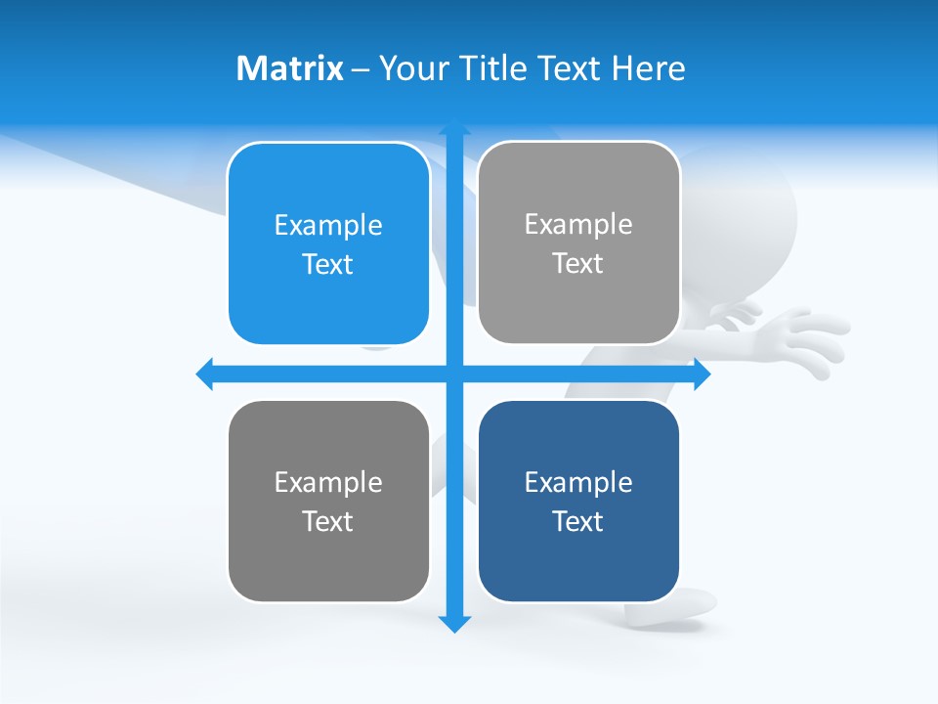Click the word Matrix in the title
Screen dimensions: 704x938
(x=289, y=68)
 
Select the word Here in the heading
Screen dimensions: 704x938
(x=648, y=68)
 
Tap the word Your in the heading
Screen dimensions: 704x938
(x=414, y=68)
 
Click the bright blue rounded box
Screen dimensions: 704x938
(x=328, y=243)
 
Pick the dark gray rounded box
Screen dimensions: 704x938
(x=328, y=501)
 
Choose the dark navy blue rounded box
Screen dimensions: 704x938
(x=578, y=501)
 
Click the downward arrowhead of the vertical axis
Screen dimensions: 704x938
(x=454, y=623)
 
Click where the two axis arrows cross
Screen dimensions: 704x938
(x=454, y=374)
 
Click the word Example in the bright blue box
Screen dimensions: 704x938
(x=328, y=225)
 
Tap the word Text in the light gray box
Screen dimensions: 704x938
(x=578, y=263)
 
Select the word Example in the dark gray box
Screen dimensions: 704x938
(x=328, y=482)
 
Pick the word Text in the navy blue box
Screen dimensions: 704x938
(x=578, y=521)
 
